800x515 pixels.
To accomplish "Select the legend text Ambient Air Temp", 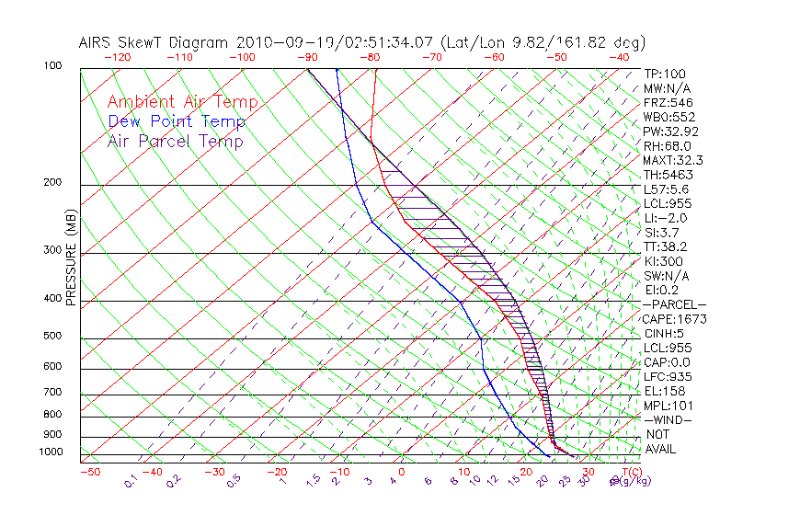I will (x=182, y=102).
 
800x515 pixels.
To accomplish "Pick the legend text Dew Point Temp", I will (x=177, y=121).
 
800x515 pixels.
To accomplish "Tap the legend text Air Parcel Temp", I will (x=176, y=141).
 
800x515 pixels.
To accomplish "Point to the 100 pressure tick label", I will (x=51, y=66).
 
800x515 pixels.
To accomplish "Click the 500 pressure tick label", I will (x=51, y=337).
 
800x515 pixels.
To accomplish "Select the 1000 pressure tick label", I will (x=50, y=452).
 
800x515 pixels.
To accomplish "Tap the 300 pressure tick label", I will (x=51, y=250).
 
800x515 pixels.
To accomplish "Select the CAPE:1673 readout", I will (x=674, y=319).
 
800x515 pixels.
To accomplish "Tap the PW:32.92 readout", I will (x=671, y=132).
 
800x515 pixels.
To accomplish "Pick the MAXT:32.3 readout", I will (x=674, y=160).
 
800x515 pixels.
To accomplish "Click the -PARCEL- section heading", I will (x=674, y=304).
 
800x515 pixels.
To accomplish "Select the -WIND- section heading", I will (x=669, y=419).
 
